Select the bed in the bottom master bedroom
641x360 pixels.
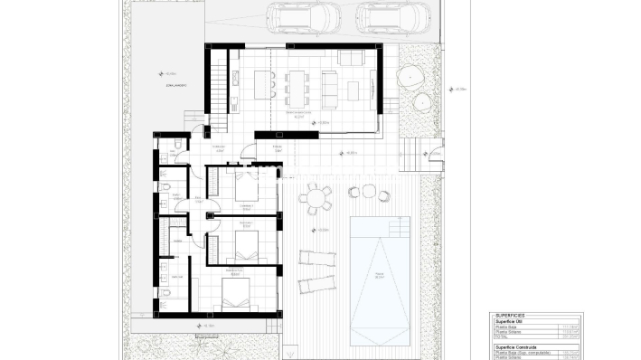242,295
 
